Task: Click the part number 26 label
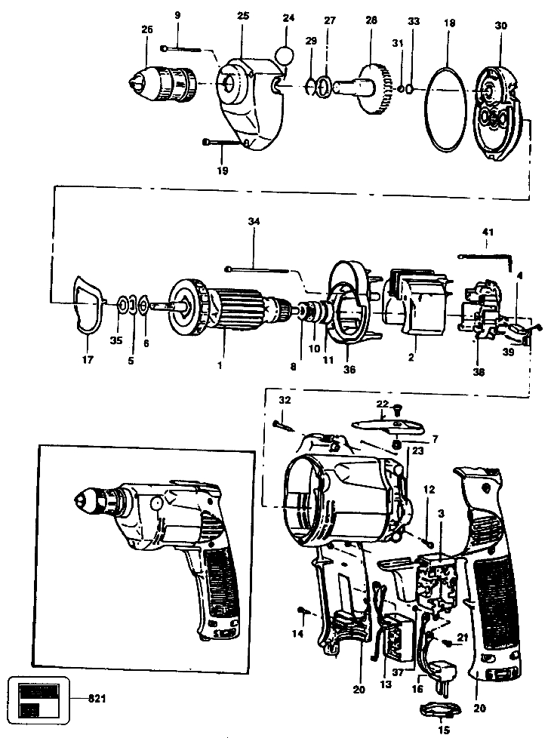[x=146, y=29]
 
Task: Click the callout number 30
[x=501, y=26]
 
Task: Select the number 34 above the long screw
[x=253, y=221]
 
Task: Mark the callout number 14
[x=298, y=634]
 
